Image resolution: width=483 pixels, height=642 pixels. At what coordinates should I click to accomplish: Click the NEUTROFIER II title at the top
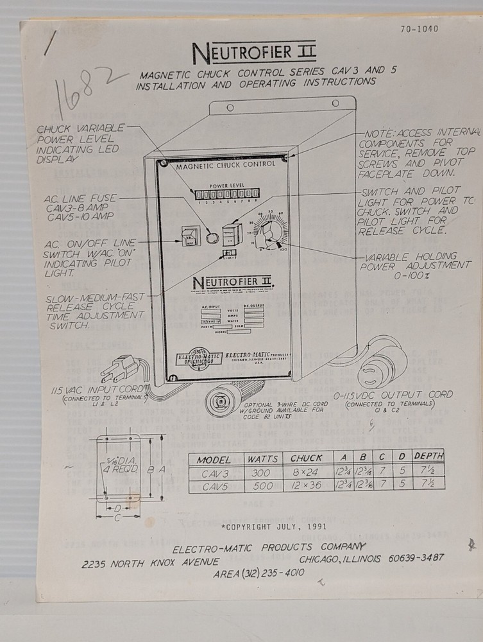point(254,50)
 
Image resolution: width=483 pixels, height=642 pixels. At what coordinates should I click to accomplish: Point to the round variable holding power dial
point(269,232)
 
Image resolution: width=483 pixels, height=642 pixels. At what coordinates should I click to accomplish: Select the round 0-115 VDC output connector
point(384,369)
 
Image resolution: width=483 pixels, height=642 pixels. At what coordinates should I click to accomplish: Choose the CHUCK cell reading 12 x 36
point(306,487)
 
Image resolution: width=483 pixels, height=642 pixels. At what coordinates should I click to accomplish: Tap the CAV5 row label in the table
point(214,487)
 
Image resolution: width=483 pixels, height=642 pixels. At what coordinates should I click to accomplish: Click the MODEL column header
point(214,460)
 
